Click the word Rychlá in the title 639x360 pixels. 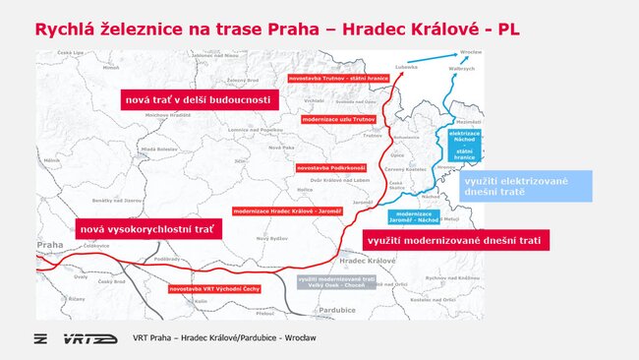click(x=69, y=30)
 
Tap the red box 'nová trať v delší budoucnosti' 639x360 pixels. click(x=200, y=99)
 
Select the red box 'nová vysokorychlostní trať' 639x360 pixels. click(x=147, y=228)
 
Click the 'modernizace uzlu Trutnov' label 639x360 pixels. click(x=338, y=119)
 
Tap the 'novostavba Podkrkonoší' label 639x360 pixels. click(x=330, y=168)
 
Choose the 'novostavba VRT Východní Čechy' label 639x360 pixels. click(x=213, y=288)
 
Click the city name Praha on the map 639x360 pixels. click(x=49, y=245)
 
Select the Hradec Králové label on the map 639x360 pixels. click(x=366, y=261)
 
